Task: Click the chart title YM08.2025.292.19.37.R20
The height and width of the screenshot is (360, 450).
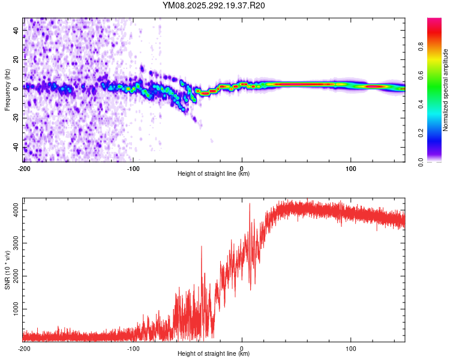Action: click(x=214, y=6)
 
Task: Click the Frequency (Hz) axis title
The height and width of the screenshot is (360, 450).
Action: click(x=7, y=90)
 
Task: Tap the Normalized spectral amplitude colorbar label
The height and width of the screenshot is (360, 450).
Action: click(x=446, y=90)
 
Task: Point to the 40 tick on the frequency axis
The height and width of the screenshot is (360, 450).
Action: click(x=16, y=30)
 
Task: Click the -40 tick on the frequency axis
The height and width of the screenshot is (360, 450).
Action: click(x=16, y=147)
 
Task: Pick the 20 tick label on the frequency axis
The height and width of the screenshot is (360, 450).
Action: click(x=16, y=59)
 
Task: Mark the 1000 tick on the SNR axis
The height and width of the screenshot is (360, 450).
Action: click(x=13, y=309)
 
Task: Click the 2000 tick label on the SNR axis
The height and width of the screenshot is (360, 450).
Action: click(x=13, y=276)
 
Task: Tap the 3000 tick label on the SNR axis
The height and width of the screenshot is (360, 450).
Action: click(x=13, y=242)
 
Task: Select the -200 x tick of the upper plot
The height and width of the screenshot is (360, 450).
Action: click(x=24, y=169)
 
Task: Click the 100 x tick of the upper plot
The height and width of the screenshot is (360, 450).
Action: click(x=350, y=169)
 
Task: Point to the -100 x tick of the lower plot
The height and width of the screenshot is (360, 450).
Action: click(x=133, y=348)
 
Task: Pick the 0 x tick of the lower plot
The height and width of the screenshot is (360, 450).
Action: click(x=242, y=348)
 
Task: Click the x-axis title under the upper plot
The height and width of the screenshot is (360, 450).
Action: click(x=214, y=174)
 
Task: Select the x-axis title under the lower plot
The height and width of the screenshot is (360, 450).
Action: click(x=214, y=354)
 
